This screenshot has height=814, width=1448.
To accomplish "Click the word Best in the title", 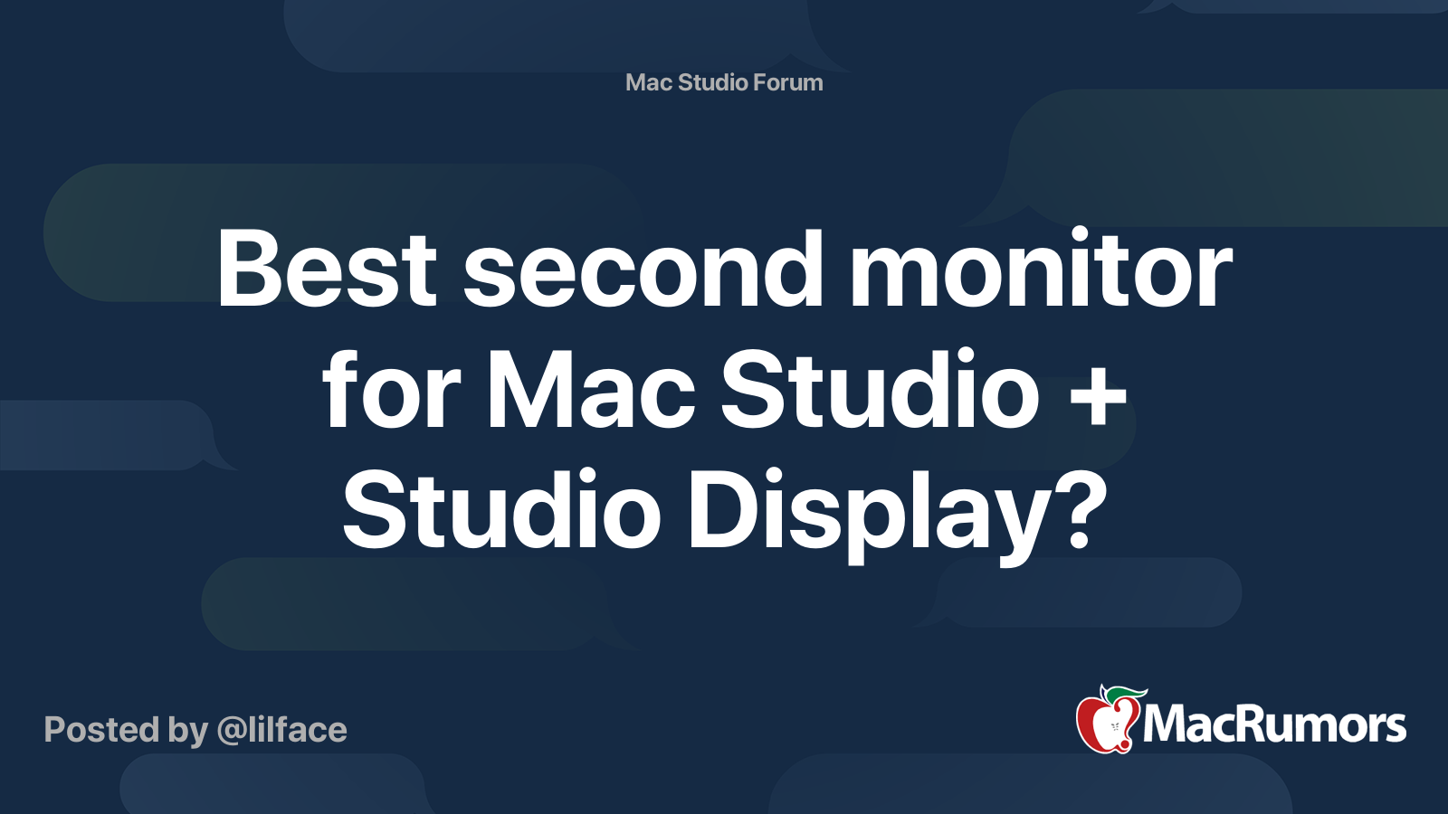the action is [x=327, y=268].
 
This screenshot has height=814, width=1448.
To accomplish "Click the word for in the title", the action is [x=391, y=388].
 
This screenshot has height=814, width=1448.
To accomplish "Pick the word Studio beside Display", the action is [x=501, y=509].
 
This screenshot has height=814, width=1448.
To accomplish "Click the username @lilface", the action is [x=281, y=730].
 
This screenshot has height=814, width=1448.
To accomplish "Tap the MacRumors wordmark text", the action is [x=1274, y=724].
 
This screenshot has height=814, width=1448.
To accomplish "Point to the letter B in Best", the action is [x=249, y=268].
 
